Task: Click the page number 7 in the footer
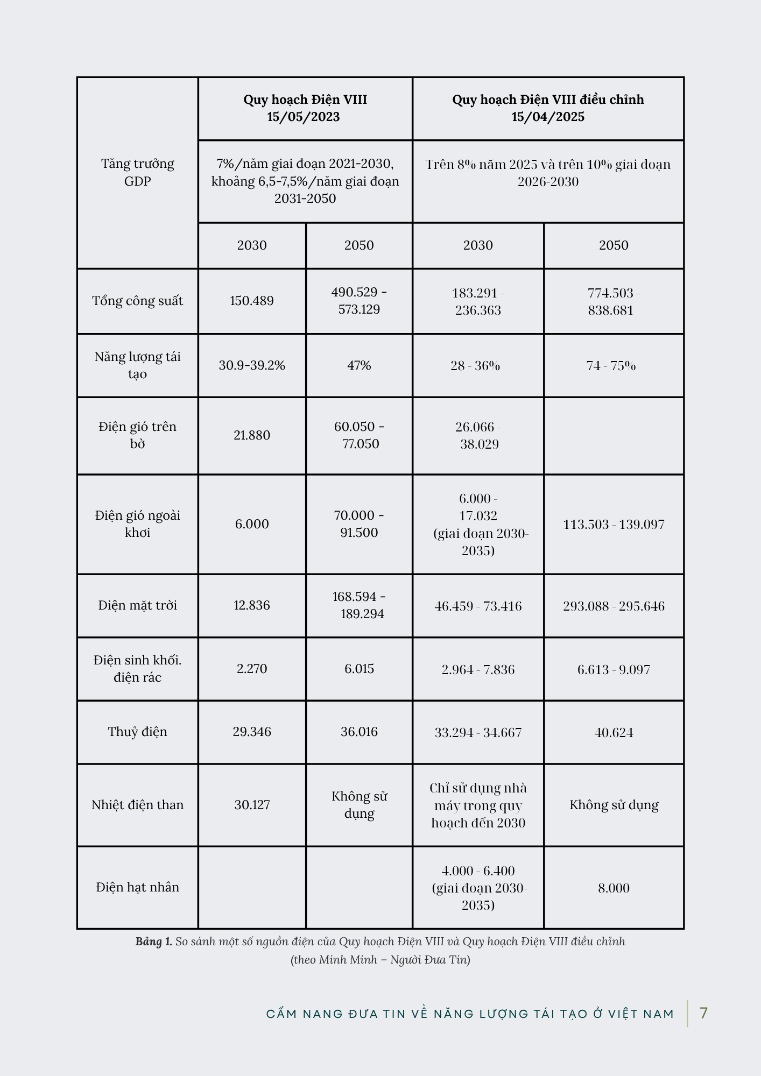pyautogui.click(x=703, y=1013)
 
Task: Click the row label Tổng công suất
pyautogui.click(x=138, y=301)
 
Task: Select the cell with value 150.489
pyautogui.click(x=252, y=301)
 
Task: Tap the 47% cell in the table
pyautogui.click(x=359, y=365)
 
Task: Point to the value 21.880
pyautogui.click(x=252, y=435)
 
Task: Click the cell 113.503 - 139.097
pyautogui.click(x=614, y=524)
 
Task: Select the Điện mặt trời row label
pyautogui.click(x=138, y=605)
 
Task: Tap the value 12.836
pyautogui.click(x=252, y=605)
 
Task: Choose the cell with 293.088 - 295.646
pyautogui.click(x=614, y=606)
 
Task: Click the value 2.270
pyautogui.click(x=252, y=669)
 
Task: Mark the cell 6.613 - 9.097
pyautogui.click(x=614, y=669)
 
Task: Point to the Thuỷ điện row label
pyautogui.click(x=138, y=732)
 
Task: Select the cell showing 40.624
pyautogui.click(x=614, y=732)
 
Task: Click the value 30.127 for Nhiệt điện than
pyautogui.click(x=252, y=805)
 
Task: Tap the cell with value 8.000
pyautogui.click(x=614, y=888)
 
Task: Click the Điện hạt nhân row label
pyautogui.click(x=138, y=887)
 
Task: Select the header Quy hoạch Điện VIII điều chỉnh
pyautogui.click(x=548, y=100)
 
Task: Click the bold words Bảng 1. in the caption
pyautogui.click(x=153, y=942)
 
